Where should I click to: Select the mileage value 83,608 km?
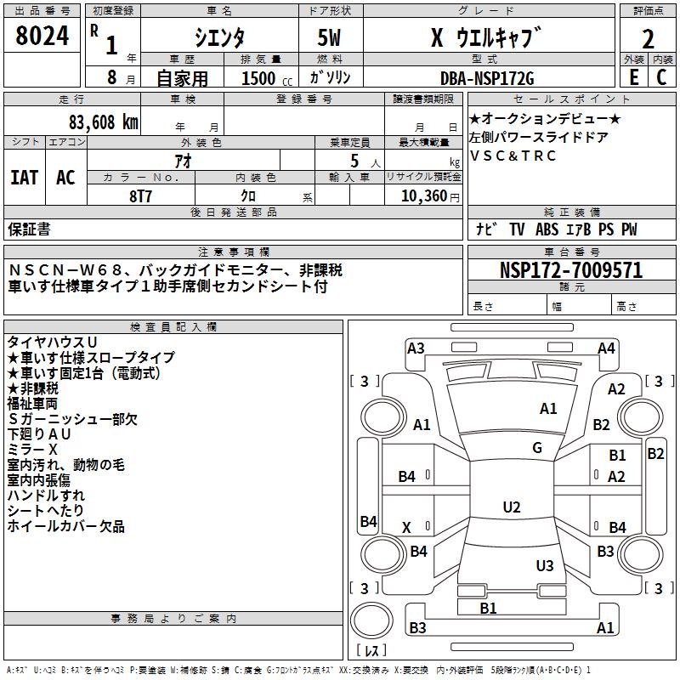(x=99, y=122)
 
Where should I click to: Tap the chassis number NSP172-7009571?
(x=570, y=271)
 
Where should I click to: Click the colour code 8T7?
(x=140, y=195)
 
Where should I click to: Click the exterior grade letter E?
(x=632, y=77)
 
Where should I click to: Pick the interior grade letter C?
(x=661, y=77)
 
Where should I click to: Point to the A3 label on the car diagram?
(x=416, y=348)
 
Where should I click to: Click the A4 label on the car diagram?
(x=606, y=348)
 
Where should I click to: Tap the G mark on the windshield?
(x=537, y=448)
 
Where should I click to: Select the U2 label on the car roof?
(x=511, y=507)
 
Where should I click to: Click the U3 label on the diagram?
(x=545, y=565)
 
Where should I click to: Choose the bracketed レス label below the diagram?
(x=371, y=652)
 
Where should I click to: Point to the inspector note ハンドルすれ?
(x=46, y=496)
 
